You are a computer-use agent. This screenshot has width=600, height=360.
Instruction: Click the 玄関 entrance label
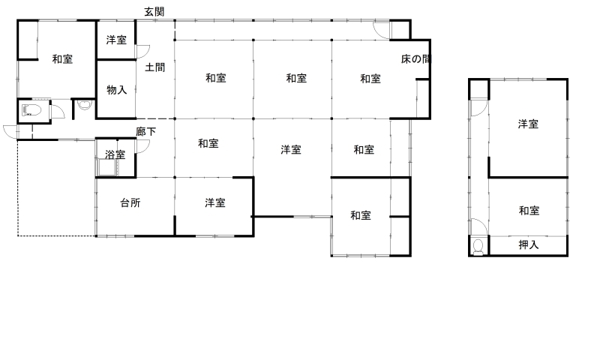point(154,12)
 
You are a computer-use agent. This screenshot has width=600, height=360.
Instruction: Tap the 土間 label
point(155,67)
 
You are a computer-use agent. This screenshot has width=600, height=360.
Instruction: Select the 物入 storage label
point(117,90)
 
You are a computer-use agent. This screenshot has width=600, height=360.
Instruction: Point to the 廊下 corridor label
point(145,132)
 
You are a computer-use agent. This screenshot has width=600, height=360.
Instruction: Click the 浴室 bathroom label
point(115,154)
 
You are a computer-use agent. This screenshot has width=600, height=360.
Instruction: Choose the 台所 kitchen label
point(130,202)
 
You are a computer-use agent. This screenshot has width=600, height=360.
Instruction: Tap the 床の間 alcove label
point(416,59)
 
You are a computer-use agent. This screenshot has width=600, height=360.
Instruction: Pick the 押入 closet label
point(529,244)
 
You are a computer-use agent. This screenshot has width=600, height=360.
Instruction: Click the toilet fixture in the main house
point(31,110)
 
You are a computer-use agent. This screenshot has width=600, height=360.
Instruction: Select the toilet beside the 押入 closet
point(478,247)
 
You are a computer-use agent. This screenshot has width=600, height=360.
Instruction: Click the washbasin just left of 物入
point(84,104)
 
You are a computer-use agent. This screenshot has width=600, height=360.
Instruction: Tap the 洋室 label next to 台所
point(215,202)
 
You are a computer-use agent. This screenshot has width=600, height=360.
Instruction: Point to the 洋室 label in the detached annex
point(529,124)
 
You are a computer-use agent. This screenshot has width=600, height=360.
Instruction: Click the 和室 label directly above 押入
point(529,211)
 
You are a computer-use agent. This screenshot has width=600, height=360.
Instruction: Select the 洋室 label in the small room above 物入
point(116,40)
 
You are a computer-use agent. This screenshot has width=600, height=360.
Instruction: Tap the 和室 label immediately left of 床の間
point(370,79)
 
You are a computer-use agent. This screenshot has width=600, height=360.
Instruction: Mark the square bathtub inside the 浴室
point(107,166)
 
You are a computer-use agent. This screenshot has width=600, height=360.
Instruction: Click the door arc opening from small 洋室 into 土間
point(143,52)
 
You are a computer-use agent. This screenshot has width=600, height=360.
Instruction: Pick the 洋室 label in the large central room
point(291,149)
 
